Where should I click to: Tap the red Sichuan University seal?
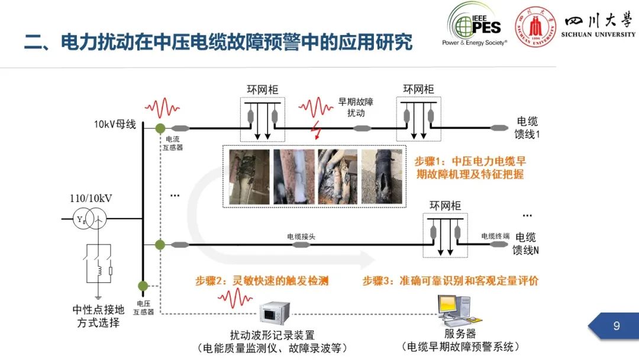[535, 26]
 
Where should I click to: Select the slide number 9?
[617, 326]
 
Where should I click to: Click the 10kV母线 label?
[115, 124]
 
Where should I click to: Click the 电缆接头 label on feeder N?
[301, 236]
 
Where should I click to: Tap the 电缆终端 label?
[495, 236]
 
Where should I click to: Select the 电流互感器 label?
[173, 143]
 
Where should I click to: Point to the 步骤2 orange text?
[262, 281]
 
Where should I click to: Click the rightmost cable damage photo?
[382, 176]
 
